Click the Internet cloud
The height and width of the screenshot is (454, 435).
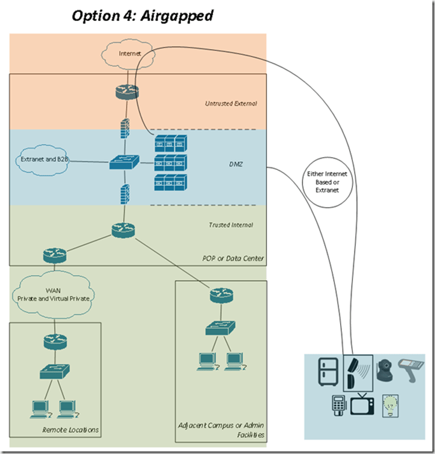coord(130,53)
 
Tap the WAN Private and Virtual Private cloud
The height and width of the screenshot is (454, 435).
coord(53,294)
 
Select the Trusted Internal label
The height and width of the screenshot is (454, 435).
coord(230,225)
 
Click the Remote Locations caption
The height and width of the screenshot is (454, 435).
coord(71,430)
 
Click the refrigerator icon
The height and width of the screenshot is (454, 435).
coord(328,373)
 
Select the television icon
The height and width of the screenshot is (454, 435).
coord(361,404)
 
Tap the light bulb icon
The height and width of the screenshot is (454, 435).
coord(389,405)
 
